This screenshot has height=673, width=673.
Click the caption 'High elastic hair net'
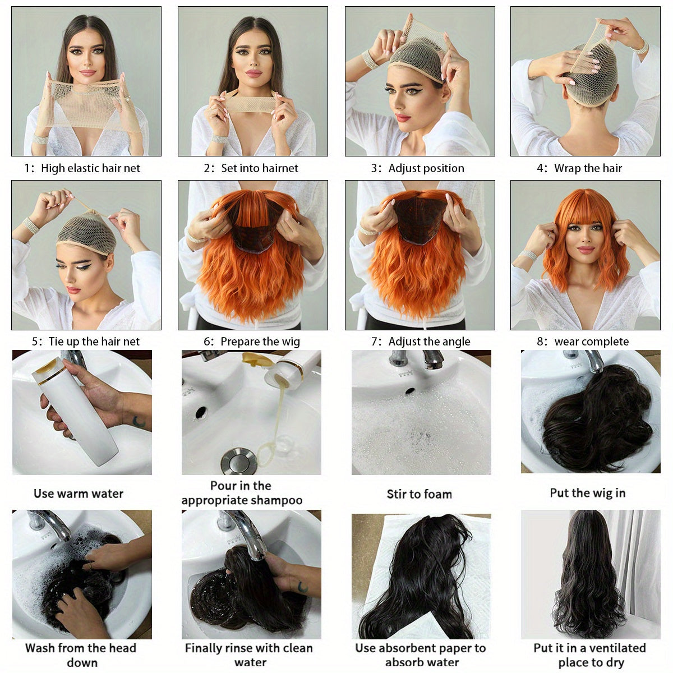pos(90,168)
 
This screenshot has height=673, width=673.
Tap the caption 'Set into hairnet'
pos(259,168)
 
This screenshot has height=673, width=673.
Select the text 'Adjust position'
pos(426,168)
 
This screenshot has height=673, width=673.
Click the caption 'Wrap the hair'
pos(588,168)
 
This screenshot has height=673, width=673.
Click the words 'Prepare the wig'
pos(260,342)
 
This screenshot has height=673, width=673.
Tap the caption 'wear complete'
pos(591,342)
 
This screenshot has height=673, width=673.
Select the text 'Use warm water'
pos(79,494)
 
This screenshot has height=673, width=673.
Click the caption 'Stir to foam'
pos(419,494)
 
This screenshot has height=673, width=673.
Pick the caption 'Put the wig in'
pos(587,493)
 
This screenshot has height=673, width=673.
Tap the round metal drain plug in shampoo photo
pos(238,461)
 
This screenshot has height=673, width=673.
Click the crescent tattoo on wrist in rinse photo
pos(303,587)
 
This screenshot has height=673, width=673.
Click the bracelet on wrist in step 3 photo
pos(370,59)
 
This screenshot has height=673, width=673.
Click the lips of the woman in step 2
pos(253,73)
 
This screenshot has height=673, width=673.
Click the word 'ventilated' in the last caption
pos(617,648)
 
